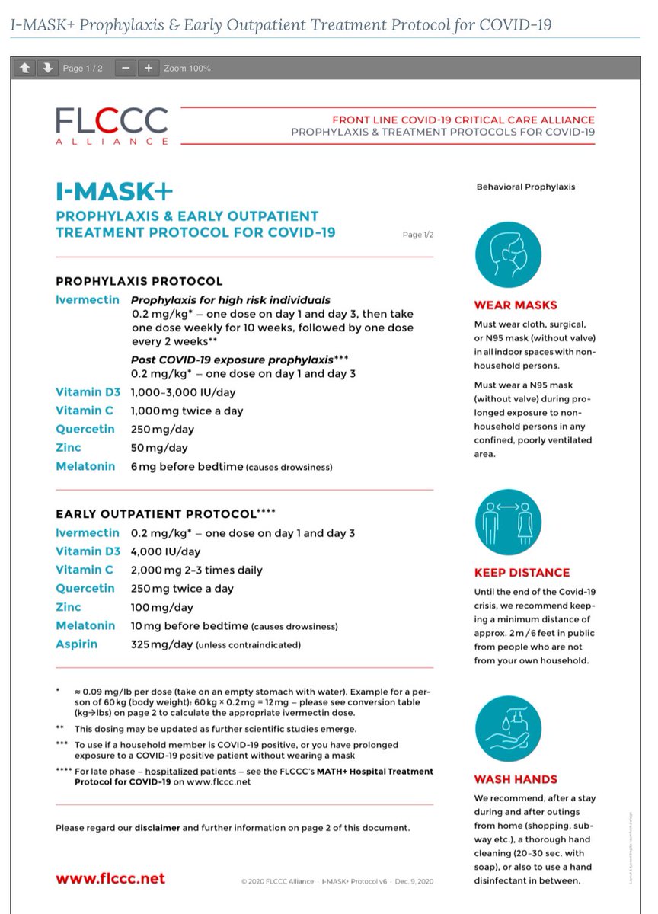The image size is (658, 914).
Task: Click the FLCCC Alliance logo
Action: [111, 125]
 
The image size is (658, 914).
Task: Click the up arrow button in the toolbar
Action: [24, 68]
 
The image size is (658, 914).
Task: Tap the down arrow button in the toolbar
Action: [48, 68]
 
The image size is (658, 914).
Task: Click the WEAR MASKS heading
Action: [516, 305]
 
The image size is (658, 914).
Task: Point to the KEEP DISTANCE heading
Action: [522, 572]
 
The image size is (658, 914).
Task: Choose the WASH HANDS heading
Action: [516, 779]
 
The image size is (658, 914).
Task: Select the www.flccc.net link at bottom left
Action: [110, 878]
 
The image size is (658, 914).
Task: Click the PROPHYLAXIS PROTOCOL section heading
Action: [139, 281]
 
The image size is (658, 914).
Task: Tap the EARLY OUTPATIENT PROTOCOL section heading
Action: [155, 513]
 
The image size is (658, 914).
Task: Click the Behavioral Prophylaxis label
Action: [525, 187]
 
